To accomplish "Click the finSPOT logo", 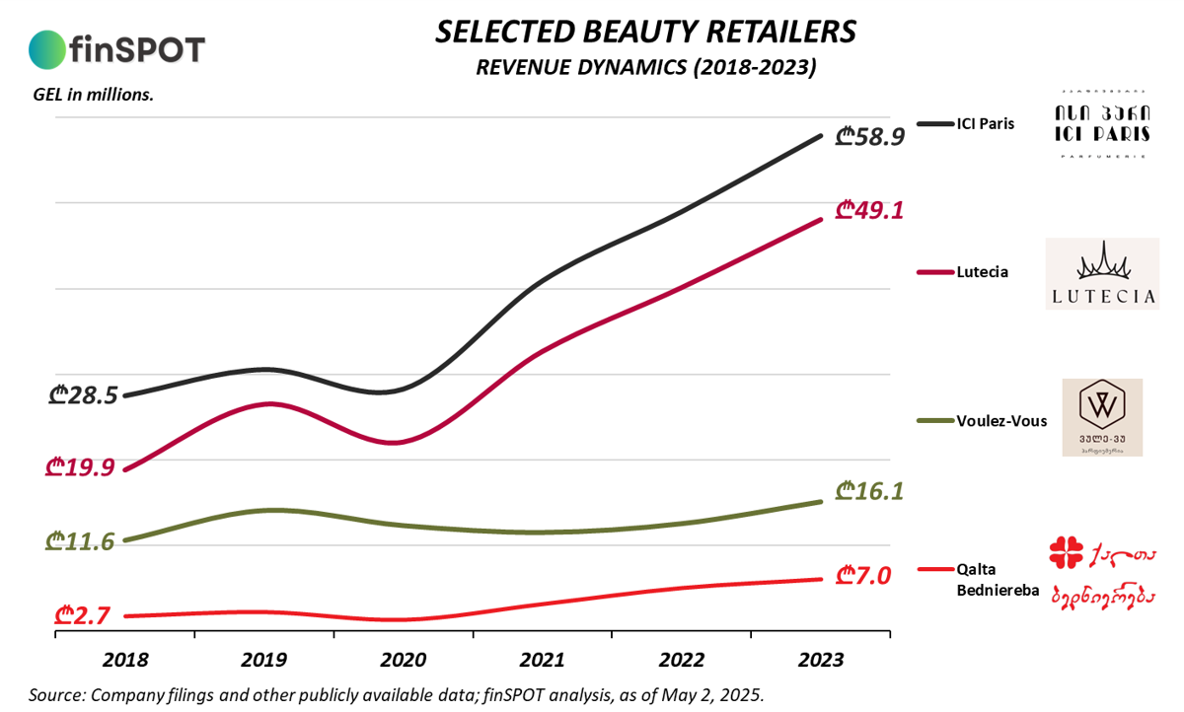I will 117,47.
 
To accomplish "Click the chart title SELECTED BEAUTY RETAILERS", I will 645,33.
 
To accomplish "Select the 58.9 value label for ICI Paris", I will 869,137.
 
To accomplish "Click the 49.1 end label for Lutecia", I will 869,210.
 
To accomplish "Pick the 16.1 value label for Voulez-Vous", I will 869,490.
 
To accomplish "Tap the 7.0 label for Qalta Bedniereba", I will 863,574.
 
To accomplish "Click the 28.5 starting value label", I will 83,395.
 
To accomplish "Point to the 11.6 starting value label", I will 80,540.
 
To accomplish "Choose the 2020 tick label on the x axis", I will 404,660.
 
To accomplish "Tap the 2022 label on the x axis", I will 682,660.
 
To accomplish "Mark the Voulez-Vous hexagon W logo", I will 1101,404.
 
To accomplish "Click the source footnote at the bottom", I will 396,694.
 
